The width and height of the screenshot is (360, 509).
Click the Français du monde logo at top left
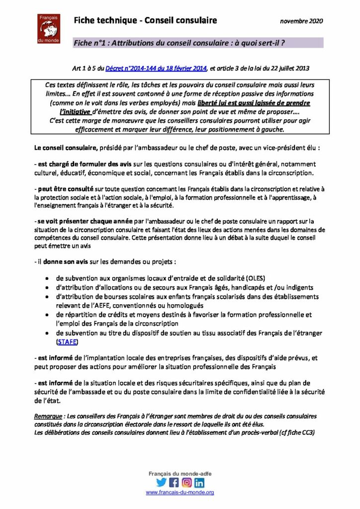(x=48, y=28)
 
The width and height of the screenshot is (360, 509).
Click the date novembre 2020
(x=301, y=21)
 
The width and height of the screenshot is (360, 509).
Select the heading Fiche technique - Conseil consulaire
(x=145, y=20)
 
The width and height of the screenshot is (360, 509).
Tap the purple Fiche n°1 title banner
(x=198, y=43)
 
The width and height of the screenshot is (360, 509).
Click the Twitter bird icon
(x=161, y=482)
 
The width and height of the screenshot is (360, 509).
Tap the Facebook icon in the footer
(x=174, y=482)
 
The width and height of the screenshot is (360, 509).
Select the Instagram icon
(x=186, y=482)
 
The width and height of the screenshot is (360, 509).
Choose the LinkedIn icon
(x=199, y=482)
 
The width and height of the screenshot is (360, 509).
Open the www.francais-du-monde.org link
(x=180, y=492)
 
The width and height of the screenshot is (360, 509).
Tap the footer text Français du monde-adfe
(x=180, y=474)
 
